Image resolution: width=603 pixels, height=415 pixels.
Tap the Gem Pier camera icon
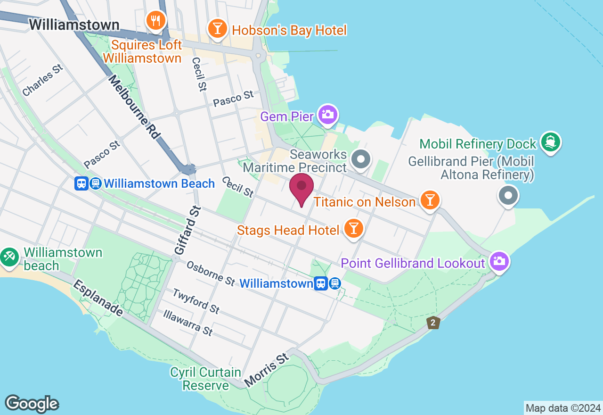[328, 114]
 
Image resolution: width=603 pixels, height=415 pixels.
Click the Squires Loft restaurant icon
[155, 20]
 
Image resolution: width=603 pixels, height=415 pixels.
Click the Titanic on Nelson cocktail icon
[430, 200]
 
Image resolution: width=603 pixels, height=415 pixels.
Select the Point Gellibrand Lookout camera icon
[499, 261]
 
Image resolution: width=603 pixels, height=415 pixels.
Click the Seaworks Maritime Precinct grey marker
[361, 159]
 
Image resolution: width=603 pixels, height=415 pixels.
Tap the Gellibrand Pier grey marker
[508, 195]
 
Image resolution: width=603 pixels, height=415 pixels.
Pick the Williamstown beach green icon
[9, 257]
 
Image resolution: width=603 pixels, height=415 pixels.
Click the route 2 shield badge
[433, 323]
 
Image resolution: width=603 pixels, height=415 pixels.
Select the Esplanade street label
[98, 299]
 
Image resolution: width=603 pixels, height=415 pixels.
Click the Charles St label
[42, 81]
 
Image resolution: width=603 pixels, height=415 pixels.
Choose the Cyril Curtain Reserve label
[206, 379]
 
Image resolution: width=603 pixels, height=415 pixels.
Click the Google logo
[32, 404]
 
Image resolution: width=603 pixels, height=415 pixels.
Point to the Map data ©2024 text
[563, 408]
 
